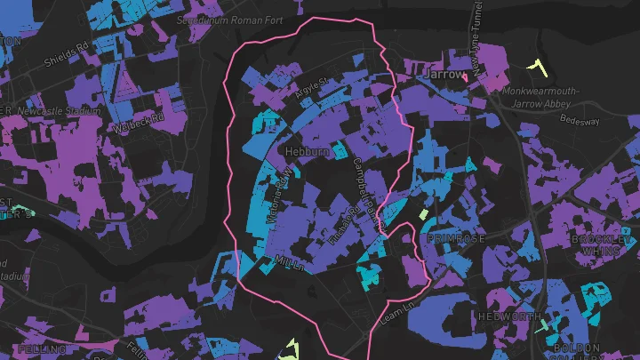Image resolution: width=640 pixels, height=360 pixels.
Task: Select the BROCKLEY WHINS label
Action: pos(602,245)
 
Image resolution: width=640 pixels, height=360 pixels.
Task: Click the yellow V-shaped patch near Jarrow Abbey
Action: pos(536,65)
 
